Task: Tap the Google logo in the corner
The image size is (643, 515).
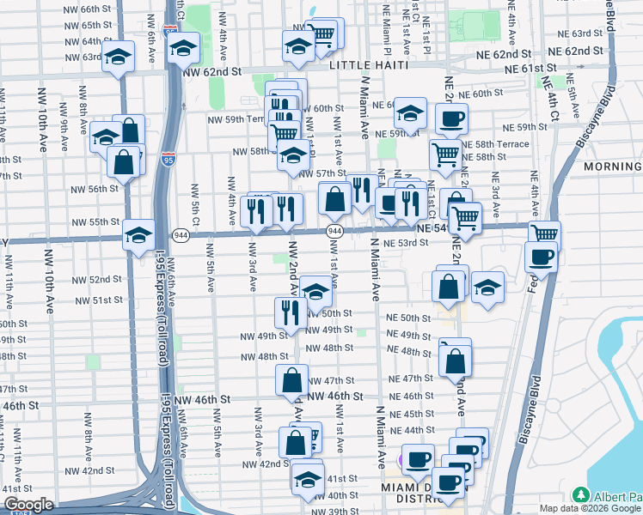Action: (28, 505)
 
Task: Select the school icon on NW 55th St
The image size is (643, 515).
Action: (138, 236)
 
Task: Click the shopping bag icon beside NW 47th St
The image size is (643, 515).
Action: (292, 379)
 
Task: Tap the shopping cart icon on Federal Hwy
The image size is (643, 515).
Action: (543, 234)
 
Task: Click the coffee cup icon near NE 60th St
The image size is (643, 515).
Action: (450, 118)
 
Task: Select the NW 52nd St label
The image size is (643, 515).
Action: (98, 280)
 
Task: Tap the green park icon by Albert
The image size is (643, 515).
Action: (581, 496)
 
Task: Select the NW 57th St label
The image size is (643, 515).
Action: (325, 173)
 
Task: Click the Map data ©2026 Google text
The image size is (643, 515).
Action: (589, 508)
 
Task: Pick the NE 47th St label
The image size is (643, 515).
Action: (410, 379)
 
